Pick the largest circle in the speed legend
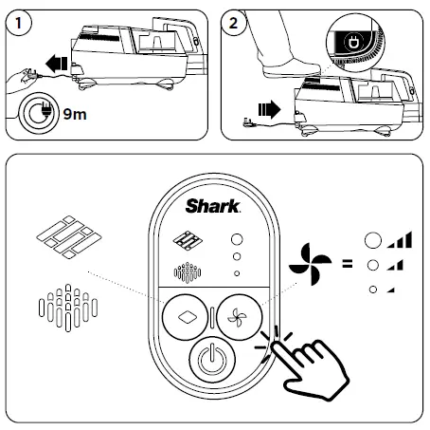point(374,241)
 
